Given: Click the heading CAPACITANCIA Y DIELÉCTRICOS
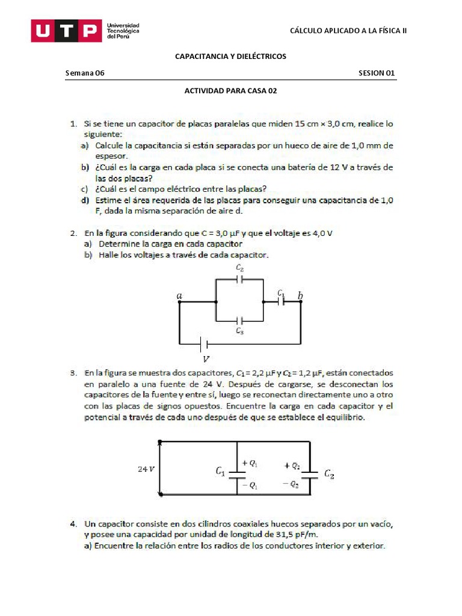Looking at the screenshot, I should [x=230, y=56].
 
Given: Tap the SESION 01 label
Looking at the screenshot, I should [x=377, y=73].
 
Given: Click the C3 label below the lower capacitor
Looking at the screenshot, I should [x=239, y=331].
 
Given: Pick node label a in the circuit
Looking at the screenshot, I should [x=179, y=296].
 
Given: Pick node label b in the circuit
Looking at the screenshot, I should [x=300, y=295].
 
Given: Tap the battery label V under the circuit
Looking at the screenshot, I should [x=206, y=360].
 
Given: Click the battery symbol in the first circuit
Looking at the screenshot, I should [x=205, y=344].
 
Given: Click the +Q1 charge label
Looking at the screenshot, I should [x=249, y=463].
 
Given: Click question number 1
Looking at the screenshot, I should [x=72, y=124].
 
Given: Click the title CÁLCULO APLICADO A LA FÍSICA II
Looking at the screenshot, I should [x=348, y=31].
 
